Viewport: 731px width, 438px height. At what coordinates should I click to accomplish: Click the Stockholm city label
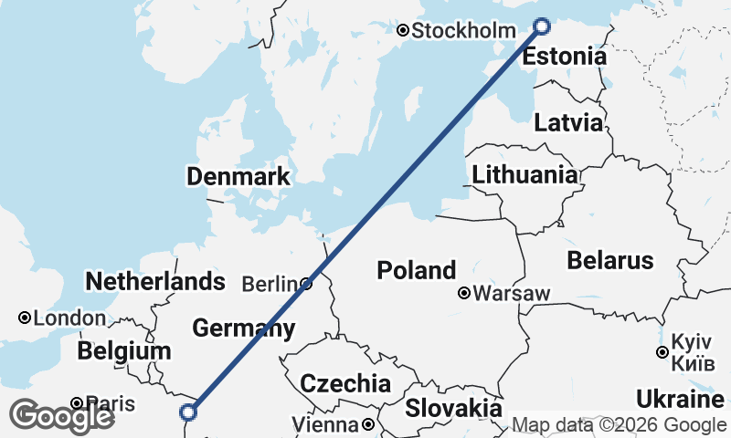pyautogui.click(x=463, y=31)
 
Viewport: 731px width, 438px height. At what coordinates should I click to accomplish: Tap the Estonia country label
pyautogui.click(x=564, y=57)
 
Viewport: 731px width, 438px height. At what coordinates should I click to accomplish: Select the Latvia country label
pyautogui.click(x=568, y=123)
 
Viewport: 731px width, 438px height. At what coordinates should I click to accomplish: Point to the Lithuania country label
pyautogui.click(x=524, y=174)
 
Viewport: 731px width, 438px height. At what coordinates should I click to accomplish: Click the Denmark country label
pyautogui.click(x=238, y=176)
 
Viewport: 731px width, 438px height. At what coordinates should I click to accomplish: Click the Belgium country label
pyautogui.click(x=124, y=351)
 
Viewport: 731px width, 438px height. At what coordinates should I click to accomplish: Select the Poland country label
pyautogui.click(x=417, y=270)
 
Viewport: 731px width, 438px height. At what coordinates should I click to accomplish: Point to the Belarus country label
pyautogui.click(x=610, y=260)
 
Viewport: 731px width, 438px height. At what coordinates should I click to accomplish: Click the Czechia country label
pyautogui.click(x=345, y=383)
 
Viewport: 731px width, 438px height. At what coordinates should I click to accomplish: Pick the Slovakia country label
pyautogui.click(x=454, y=408)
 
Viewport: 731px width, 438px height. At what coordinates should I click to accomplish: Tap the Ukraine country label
pyautogui.click(x=680, y=400)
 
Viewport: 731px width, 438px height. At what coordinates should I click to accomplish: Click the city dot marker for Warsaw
pyautogui.click(x=464, y=294)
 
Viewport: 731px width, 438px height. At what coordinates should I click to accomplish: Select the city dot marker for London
pyautogui.click(x=25, y=318)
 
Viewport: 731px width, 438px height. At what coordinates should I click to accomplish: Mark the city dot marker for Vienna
pyautogui.click(x=367, y=424)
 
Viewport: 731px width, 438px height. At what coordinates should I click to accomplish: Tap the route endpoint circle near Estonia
pyautogui.click(x=542, y=26)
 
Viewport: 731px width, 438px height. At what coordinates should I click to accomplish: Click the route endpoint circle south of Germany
pyautogui.click(x=189, y=412)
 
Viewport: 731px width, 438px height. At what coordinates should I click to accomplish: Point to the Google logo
pyautogui.click(x=61, y=416)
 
